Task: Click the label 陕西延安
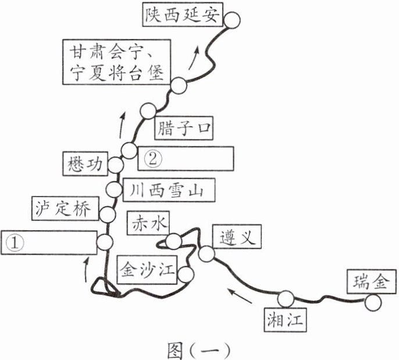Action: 183,15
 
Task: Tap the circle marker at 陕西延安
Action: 231,20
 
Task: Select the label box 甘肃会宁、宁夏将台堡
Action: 116,62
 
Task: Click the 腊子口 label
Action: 184,128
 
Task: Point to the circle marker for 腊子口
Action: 148,111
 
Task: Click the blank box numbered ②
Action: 186,159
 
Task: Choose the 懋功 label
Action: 85,164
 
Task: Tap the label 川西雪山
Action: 169,190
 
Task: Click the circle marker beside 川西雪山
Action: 114,189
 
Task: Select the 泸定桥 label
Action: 65,208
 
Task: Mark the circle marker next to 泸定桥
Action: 108,214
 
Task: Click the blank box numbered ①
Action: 49,243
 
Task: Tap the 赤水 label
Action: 148,223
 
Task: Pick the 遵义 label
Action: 237,236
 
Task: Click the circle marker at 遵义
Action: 206,254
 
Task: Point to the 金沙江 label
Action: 147,270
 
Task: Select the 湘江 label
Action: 285,320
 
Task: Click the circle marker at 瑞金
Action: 373,303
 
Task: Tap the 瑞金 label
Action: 372,282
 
